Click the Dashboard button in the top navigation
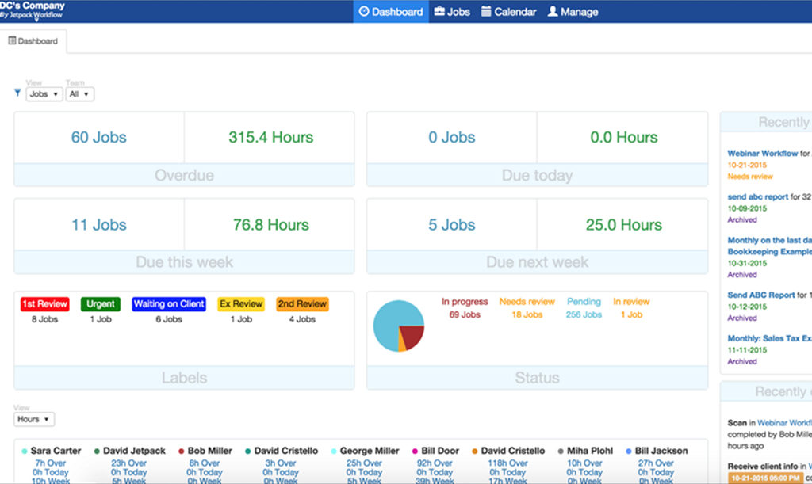tap(391, 12)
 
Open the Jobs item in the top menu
tap(451, 12)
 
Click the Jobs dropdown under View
tap(44, 94)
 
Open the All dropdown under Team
tap(79, 94)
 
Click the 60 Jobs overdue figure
tap(99, 137)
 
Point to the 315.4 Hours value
tap(270, 137)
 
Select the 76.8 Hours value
tap(270, 225)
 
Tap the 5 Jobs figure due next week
tap(452, 225)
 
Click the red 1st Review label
tap(44, 304)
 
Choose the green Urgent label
tap(101, 304)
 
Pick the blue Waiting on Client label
tap(169, 304)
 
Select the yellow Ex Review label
tap(241, 304)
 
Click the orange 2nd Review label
tap(302, 304)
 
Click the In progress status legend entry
tap(465, 302)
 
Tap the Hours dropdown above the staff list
tap(33, 419)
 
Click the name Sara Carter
tap(56, 451)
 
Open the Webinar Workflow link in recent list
tap(762, 154)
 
